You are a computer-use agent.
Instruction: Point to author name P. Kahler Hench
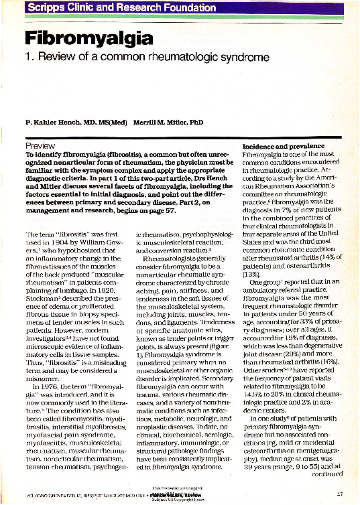coord(70,123)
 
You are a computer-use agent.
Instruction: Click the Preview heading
coord(40,145)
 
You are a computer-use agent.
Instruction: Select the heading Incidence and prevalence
coord(281,145)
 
